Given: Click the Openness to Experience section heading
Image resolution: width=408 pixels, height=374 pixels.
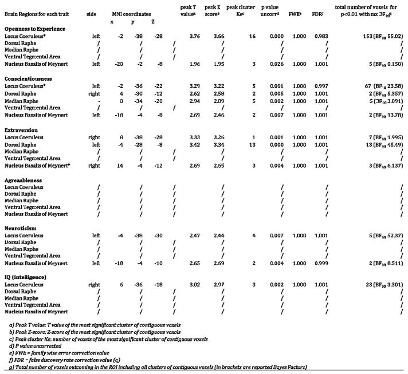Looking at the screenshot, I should coord(35,27).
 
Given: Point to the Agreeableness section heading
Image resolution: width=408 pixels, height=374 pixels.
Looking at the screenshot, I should coord(25,179).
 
